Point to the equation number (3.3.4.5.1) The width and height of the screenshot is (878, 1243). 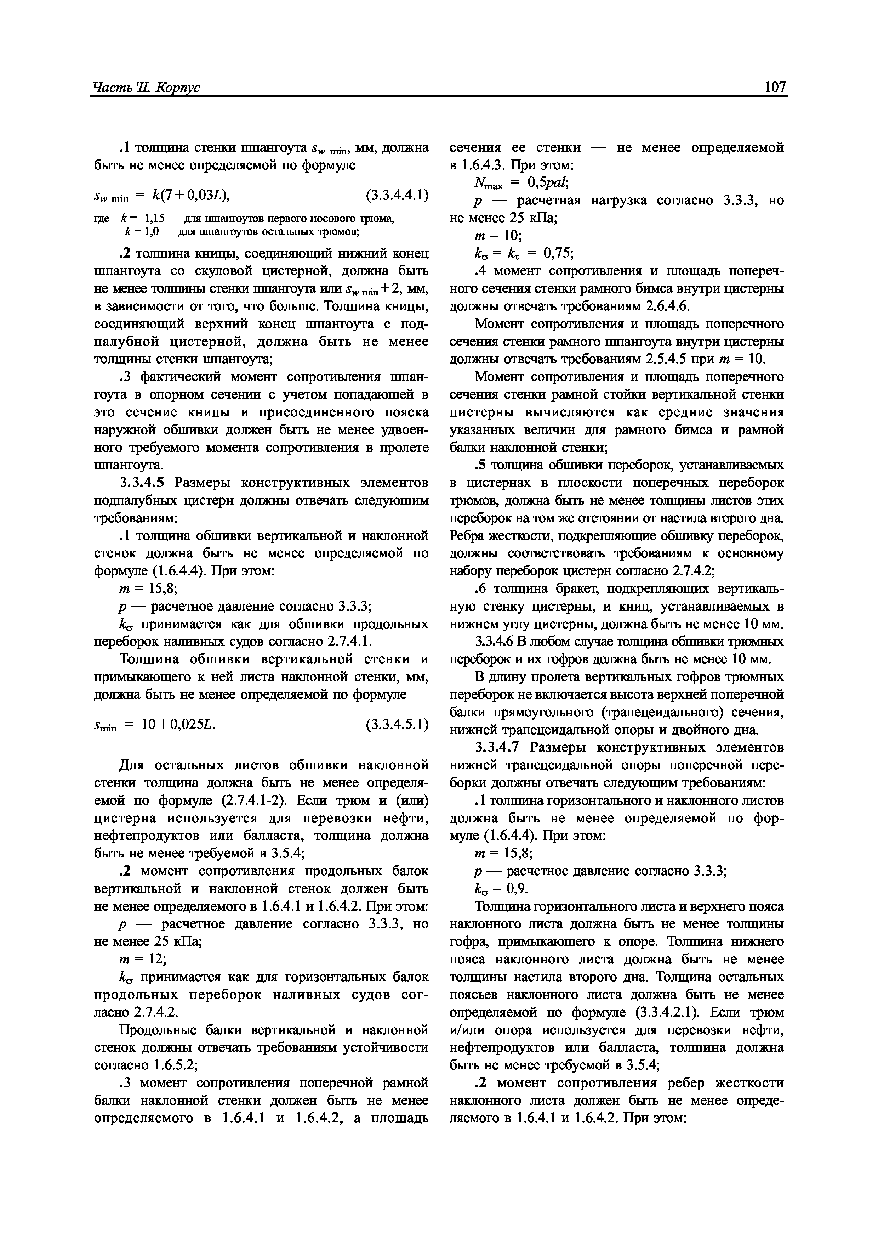tap(397, 724)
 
